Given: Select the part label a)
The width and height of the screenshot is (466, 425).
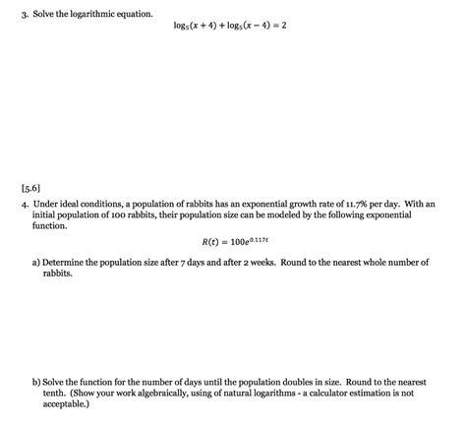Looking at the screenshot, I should point(35,263).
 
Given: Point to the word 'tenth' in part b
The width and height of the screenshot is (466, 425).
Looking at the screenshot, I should point(57,393).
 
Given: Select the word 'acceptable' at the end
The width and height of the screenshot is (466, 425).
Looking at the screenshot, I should point(65,403).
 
